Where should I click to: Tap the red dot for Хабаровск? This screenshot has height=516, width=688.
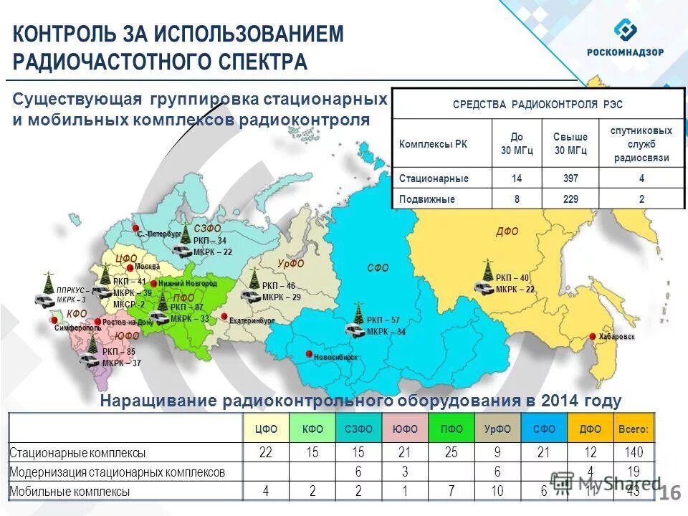tap(593, 337)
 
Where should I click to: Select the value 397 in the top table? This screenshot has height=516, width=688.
tap(570, 178)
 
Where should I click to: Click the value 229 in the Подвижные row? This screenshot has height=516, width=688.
tap(570, 200)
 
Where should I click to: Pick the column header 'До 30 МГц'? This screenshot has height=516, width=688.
tap(517, 143)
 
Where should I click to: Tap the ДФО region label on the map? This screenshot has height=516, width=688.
tap(507, 231)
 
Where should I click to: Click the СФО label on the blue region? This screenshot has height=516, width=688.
tap(378, 268)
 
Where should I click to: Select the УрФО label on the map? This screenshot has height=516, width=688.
tap(290, 264)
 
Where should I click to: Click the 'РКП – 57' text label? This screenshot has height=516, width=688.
tap(383, 320)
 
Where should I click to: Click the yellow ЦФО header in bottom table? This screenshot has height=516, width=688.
tap(266, 429)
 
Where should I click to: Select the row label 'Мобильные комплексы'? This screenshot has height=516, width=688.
tap(70, 492)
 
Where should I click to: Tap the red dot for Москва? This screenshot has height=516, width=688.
tap(130, 268)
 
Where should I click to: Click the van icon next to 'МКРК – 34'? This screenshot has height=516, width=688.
tap(354, 331)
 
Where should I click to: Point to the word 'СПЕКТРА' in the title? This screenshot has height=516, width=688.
tap(262, 63)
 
